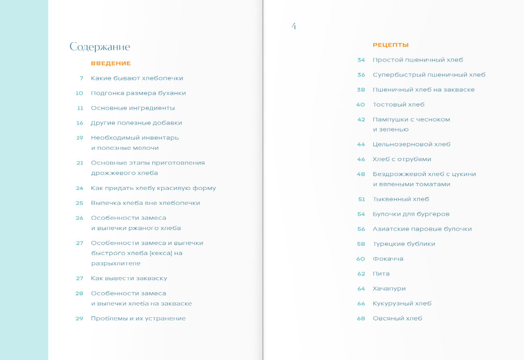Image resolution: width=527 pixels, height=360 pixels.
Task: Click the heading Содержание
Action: pos(100,47)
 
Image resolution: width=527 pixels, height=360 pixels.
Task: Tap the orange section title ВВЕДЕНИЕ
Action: pos(111,63)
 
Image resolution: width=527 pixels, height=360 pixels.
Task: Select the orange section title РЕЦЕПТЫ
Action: pos(391,45)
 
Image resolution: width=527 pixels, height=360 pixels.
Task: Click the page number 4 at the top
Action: pos(294,26)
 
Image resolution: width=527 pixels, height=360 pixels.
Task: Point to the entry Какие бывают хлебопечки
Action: pos(137,78)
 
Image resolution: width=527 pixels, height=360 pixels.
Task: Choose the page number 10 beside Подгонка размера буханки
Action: pos(79,93)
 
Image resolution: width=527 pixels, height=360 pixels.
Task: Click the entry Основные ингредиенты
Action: pos(132,108)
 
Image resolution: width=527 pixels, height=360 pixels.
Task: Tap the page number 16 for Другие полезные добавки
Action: pos(80,123)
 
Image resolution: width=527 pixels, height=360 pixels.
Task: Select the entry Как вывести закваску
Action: pos(129,279)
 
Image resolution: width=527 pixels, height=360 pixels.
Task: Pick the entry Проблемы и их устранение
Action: pos(138,318)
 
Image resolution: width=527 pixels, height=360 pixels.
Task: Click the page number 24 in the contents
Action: pos(79,188)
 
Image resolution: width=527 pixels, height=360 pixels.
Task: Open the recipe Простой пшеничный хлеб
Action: pos(418,60)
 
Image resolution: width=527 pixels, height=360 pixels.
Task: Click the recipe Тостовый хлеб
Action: pos(398,105)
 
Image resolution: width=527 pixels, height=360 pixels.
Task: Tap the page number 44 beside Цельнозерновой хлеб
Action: pos(361,144)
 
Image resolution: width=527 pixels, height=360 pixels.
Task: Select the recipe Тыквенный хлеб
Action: pos(400,199)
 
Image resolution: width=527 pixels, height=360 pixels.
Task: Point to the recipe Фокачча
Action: pos(388,259)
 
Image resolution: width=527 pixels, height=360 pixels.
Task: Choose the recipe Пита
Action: pos(381,274)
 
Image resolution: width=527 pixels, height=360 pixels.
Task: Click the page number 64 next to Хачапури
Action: pos(361,289)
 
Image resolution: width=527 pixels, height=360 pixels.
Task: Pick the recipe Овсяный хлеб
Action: pos(397,318)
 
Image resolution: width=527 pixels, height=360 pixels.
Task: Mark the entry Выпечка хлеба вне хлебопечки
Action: pos(145,203)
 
